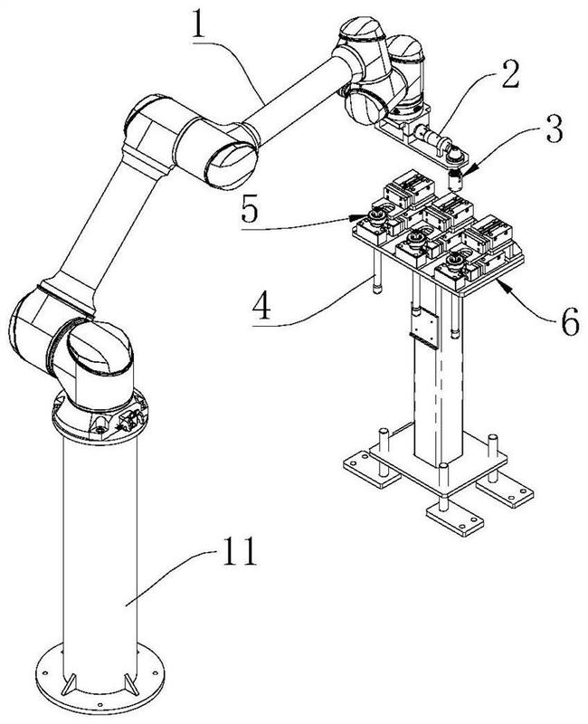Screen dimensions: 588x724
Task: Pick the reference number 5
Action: click(x=251, y=209)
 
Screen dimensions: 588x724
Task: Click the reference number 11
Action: click(x=239, y=551)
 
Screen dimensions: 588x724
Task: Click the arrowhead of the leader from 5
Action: click(x=356, y=216)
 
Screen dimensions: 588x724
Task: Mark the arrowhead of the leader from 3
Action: click(x=464, y=172)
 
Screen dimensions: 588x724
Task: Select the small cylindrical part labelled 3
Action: click(x=456, y=180)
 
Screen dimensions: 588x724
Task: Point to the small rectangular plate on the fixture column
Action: click(x=423, y=328)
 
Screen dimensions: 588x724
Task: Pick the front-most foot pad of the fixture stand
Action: click(x=455, y=518)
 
